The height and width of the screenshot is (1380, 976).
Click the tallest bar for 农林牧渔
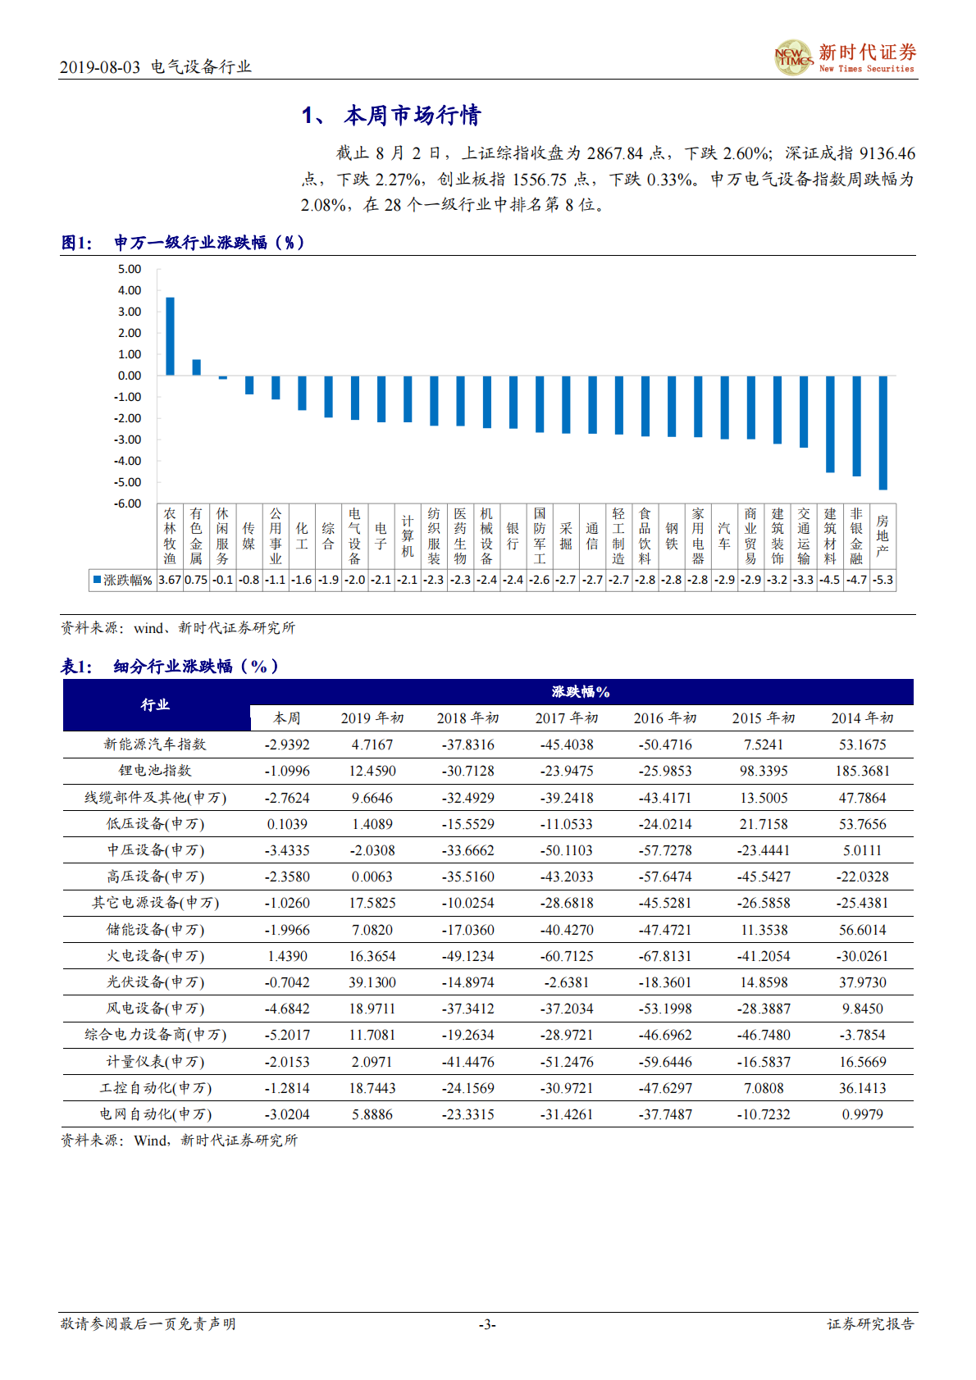(x=170, y=336)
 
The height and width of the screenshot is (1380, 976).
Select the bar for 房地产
(x=883, y=432)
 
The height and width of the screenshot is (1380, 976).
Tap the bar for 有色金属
(x=196, y=367)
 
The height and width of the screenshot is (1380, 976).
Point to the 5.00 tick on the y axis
(x=129, y=269)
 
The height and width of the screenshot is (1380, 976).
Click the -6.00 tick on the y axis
(x=127, y=503)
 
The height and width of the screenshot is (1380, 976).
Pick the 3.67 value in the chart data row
(x=170, y=580)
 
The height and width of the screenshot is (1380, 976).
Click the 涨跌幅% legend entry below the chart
(x=123, y=580)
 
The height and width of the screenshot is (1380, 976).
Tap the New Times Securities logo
(x=845, y=57)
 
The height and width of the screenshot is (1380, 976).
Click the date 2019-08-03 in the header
(x=100, y=67)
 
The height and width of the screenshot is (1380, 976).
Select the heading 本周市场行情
(x=412, y=116)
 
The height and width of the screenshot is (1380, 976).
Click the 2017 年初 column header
(x=567, y=718)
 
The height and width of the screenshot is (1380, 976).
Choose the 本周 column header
(x=287, y=718)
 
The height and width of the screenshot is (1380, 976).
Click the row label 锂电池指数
(x=155, y=771)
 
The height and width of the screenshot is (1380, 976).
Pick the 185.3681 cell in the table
(x=862, y=771)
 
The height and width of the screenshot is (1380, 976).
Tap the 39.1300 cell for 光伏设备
(x=372, y=982)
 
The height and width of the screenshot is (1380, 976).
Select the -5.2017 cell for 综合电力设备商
(x=287, y=1035)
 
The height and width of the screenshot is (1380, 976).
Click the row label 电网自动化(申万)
(x=155, y=1114)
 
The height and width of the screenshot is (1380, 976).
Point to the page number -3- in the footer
(x=487, y=1324)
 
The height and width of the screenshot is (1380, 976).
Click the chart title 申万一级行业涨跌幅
(x=209, y=243)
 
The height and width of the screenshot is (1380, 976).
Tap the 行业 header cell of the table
(x=155, y=704)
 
